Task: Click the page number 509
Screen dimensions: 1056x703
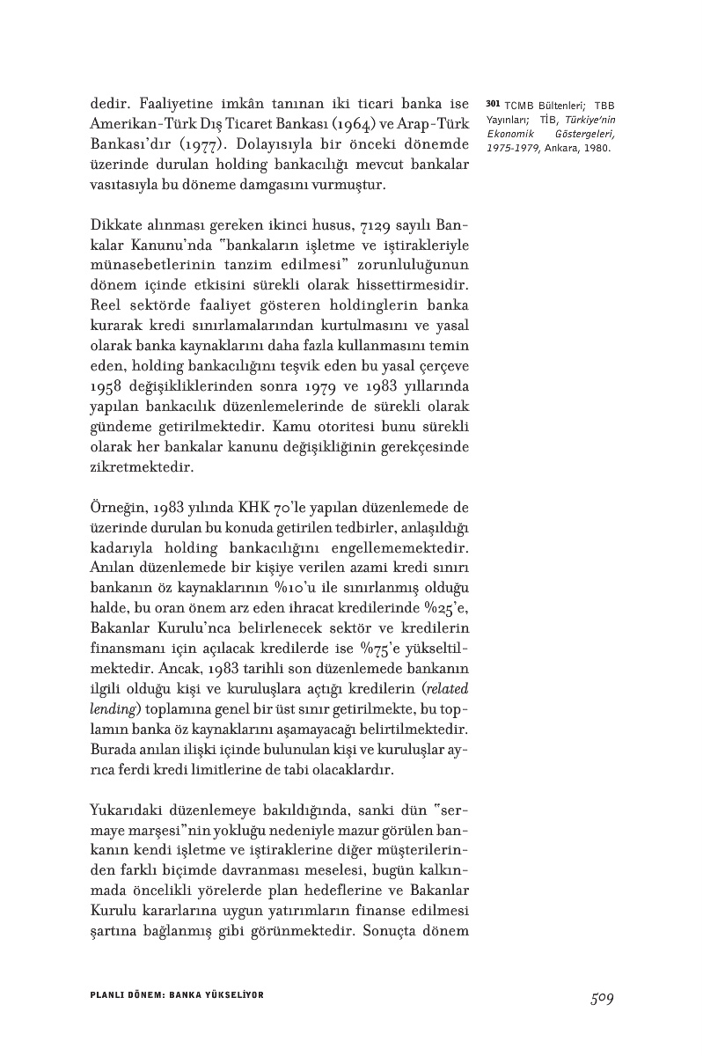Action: (x=602, y=997)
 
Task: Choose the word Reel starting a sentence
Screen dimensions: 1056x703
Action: (x=107, y=307)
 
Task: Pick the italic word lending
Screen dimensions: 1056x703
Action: (x=110, y=710)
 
